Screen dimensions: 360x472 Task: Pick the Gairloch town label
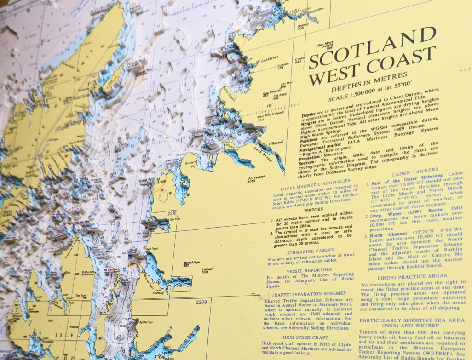tap(172, 220)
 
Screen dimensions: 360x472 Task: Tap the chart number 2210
tap(172, 213)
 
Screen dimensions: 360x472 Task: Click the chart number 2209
tap(201, 302)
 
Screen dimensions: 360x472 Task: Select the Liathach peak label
tap(207, 270)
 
